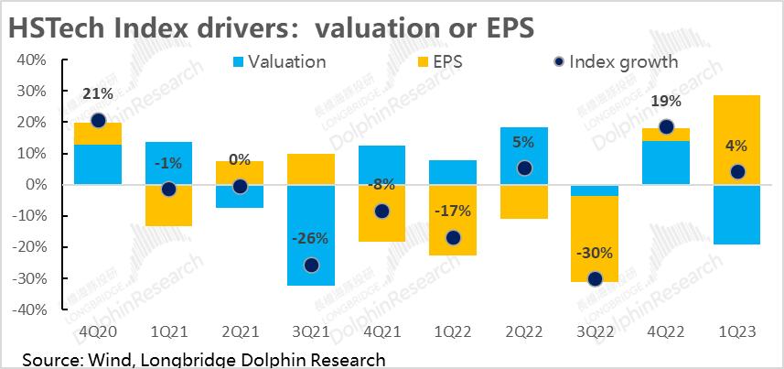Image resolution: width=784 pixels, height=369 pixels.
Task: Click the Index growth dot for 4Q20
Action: [98, 120]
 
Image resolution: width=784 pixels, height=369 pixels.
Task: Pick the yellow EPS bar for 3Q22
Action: [595, 239]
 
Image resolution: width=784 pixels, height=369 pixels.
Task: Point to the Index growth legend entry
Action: [615, 62]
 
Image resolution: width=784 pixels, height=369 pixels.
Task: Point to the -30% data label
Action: [595, 254]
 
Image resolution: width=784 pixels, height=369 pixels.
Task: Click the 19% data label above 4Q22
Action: [666, 103]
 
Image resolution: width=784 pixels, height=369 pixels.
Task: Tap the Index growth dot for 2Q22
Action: [523, 168]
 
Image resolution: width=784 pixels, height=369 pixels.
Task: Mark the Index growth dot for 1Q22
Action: [452, 238]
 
